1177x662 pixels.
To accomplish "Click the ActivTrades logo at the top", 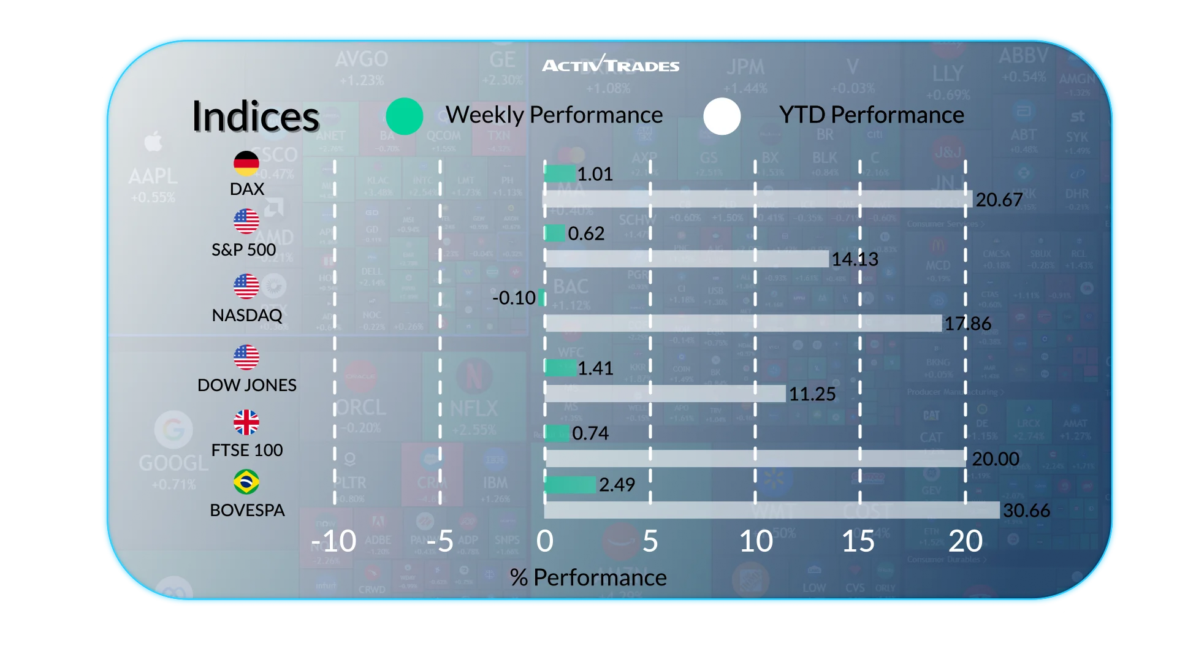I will tap(611, 64).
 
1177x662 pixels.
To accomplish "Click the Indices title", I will tap(256, 116).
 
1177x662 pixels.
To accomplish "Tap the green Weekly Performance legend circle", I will tap(405, 116).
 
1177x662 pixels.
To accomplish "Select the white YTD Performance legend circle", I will tap(722, 116).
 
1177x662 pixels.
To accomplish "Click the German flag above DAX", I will tap(246, 163).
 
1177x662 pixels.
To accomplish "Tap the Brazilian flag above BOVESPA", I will tap(246, 482).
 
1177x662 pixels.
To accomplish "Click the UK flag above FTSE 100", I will tap(246, 422).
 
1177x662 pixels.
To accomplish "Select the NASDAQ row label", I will tap(247, 315).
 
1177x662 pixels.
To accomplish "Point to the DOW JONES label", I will tap(247, 385).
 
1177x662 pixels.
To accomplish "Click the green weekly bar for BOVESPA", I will tap(570, 485).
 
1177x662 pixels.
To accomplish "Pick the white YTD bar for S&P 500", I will tap(687, 259).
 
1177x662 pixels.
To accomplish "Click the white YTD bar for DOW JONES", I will tap(665, 394).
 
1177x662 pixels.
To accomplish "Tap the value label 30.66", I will tap(1026, 510).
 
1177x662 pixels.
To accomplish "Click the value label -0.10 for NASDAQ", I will tap(514, 298).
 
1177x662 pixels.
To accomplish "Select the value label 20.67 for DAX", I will tap(999, 200).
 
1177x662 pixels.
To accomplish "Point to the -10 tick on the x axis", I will tap(333, 541).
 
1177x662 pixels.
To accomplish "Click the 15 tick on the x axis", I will tap(858, 541).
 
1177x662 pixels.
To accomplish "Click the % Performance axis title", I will tap(588, 577).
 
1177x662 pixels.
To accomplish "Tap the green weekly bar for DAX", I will tap(560, 174).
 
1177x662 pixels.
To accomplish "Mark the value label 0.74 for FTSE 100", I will tap(590, 433).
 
